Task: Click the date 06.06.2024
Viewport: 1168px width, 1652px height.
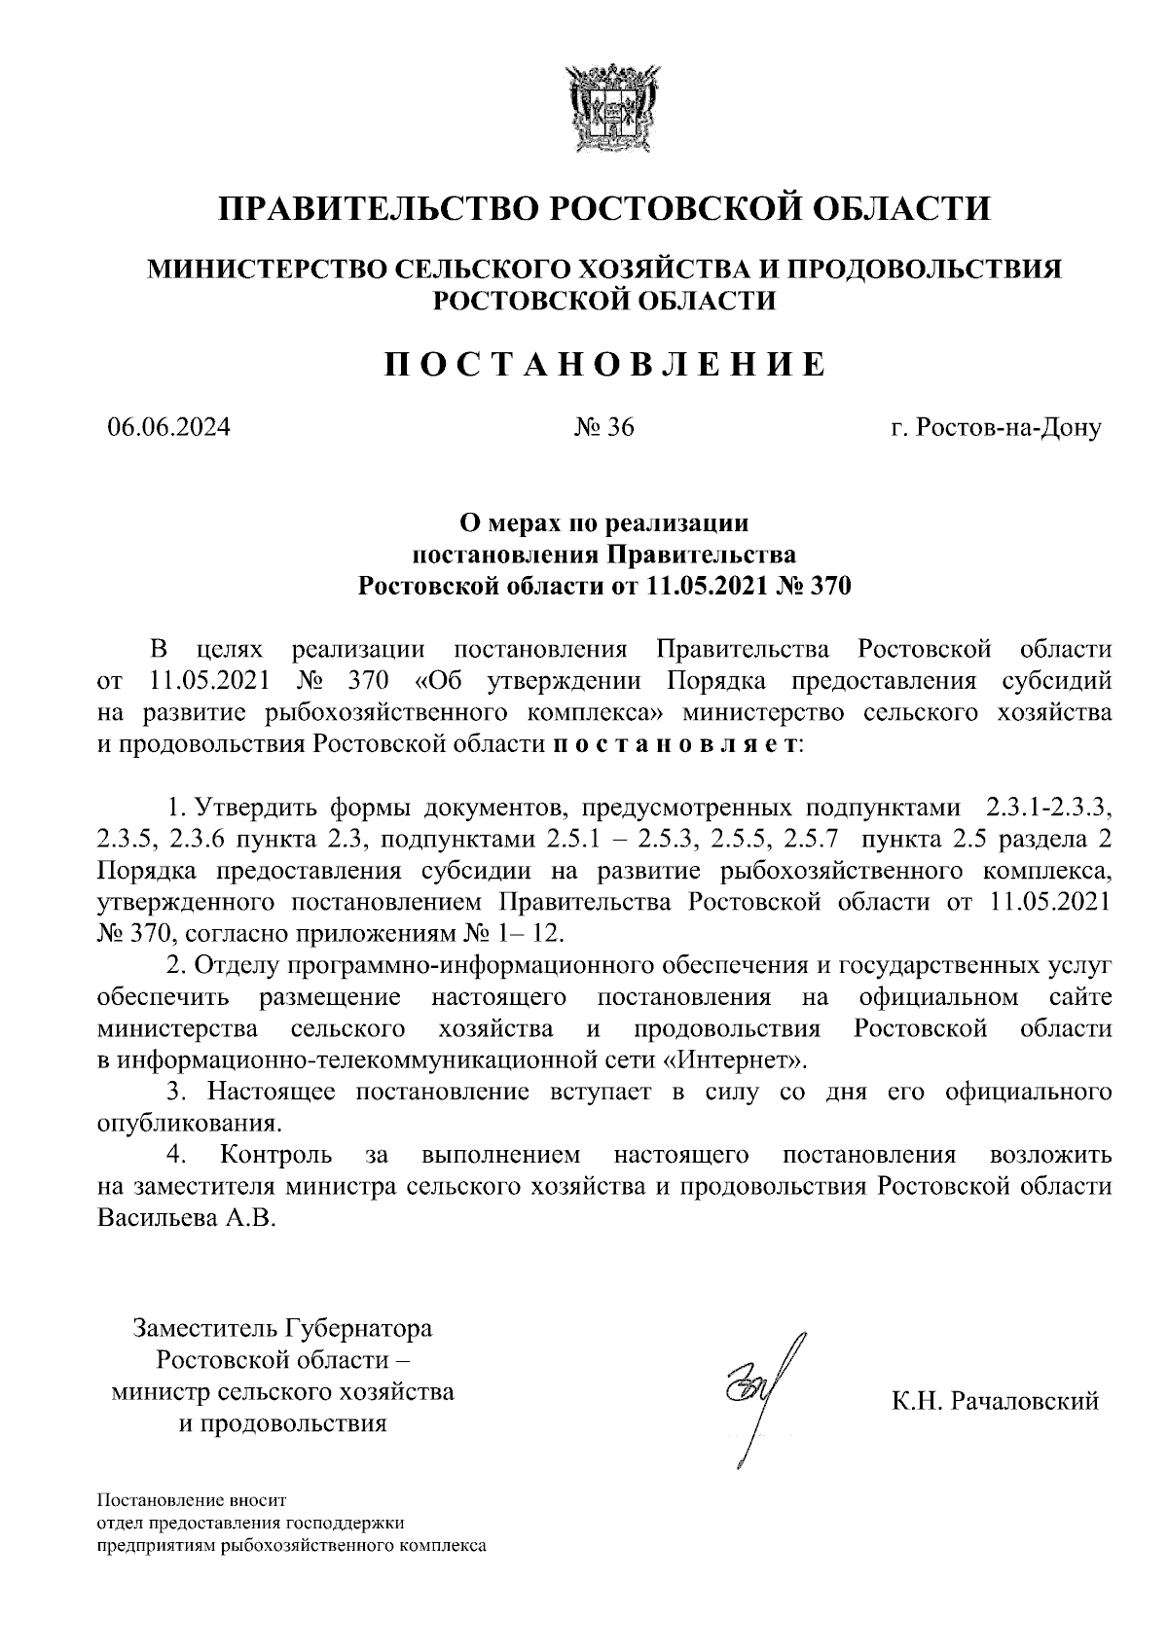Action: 168,427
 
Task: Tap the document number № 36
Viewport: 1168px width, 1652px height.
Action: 603,427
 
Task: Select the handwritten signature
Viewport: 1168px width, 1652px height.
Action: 754,1391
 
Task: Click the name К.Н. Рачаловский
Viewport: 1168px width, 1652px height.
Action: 995,1402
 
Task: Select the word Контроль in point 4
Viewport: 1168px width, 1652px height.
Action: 276,1155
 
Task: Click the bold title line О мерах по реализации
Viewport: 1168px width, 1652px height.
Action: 603,523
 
